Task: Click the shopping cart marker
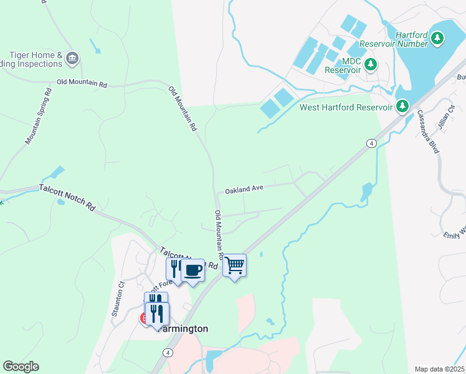click(x=234, y=266)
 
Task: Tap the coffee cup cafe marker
click(x=193, y=271)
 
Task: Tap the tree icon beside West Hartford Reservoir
click(x=402, y=107)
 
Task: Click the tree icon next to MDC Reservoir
click(x=371, y=64)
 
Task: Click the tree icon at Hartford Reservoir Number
click(x=438, y=39)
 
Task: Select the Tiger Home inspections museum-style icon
click(x=72, y=59)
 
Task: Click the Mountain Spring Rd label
click(x=39, y=116)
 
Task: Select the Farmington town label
click(x=183, y=328)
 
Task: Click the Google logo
click(x=21, y=367)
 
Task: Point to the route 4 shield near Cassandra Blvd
click(x=371, y=143)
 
